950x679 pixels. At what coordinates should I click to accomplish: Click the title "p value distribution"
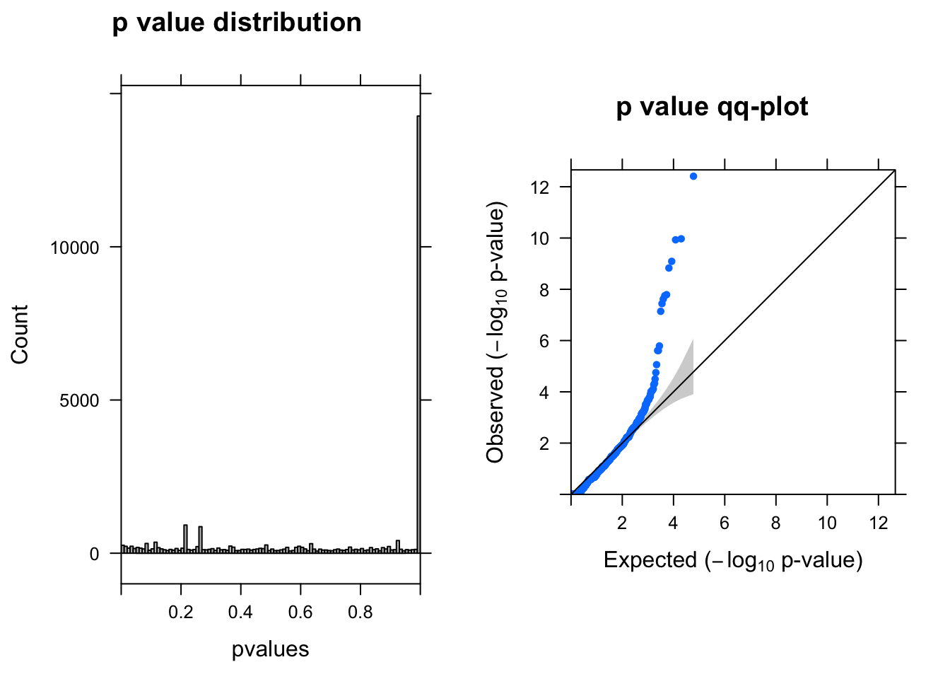[237, 23]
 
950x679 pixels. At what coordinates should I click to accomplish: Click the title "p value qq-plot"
[712, 108]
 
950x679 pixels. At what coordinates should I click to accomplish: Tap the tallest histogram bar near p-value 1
[418, 332]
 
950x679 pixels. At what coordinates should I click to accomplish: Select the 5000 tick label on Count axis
[80, 400]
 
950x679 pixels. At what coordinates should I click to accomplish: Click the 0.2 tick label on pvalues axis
[181, 613]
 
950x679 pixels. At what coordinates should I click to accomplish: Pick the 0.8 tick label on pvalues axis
[360, 613]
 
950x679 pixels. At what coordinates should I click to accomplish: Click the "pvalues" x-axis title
[271, 649]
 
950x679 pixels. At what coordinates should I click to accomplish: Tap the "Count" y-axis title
[20, 335]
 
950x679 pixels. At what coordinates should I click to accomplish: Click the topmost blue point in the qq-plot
[693, 176]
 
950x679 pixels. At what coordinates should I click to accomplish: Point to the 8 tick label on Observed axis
[544, 290]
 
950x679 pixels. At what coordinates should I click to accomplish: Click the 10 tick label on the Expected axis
[827, 523]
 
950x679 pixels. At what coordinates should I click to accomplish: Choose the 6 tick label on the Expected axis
[725, 523]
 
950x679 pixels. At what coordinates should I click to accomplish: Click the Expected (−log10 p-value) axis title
[733, 561]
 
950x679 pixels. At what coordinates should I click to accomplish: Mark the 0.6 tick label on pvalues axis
[300, 613]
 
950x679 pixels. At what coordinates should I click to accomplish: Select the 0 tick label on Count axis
[95, 554]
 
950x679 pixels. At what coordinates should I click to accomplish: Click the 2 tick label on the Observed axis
[544, 443]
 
